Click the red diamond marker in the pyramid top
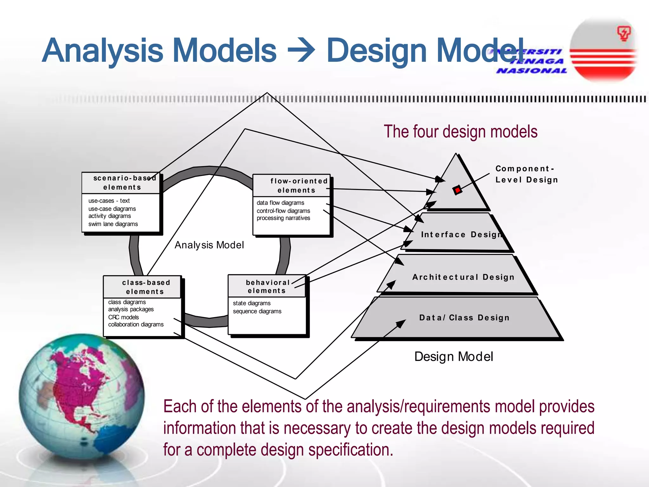point(457,190)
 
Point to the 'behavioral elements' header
point(267,286)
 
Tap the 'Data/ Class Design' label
point(464,317)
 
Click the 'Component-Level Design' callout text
point(526,174)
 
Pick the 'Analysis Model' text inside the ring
point(209,245)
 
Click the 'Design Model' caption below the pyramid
point(453,356)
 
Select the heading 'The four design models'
point(460,132)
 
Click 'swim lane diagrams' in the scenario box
point(113,224)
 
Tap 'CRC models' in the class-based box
point(124,317)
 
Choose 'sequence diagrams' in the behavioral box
point(257,311)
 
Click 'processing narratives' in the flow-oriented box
point(283,218)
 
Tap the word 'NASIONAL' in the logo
point(532,71)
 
